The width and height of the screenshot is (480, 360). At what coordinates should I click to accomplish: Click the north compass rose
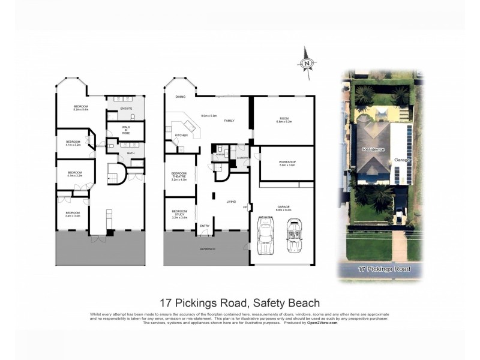pyautogui.click(x=307, y=62)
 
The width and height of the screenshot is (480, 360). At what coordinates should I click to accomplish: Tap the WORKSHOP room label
pyautogui.click(x=287, y=163)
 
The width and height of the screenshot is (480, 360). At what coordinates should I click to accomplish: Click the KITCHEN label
pyautogui.click(x=181, y=136)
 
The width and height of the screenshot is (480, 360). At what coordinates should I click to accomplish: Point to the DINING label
pyautogui.click(x=180, y=97)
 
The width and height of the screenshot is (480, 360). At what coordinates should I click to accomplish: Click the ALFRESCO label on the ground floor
pyautogui.click(x=206, y=248)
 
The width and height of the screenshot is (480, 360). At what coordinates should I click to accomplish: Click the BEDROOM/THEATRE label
pyautogui.click(x=179, y=175)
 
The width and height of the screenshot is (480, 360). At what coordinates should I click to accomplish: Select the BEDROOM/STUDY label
pyautogui.click(x=179, y=212)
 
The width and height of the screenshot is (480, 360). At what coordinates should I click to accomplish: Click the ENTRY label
pyautogui.click(x=205, y=226)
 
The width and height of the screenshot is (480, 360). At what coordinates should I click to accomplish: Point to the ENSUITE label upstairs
pyautogui.click(x=126, y=109)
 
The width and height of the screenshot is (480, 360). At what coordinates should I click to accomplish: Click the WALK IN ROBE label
pyautogui.click(x=126, y=130)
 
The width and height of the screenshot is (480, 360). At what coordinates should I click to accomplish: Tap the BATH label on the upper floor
pyautogui.click(x=131, y=154)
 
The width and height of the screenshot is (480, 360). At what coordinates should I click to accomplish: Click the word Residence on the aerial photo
pyautogui.click(x=373, y=149)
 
